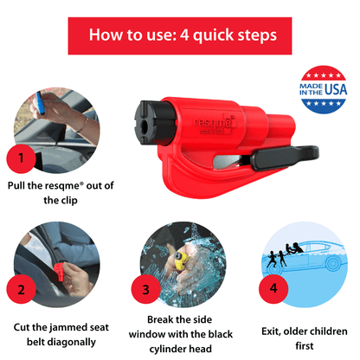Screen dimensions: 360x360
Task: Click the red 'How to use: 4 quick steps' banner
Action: point(180,36)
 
